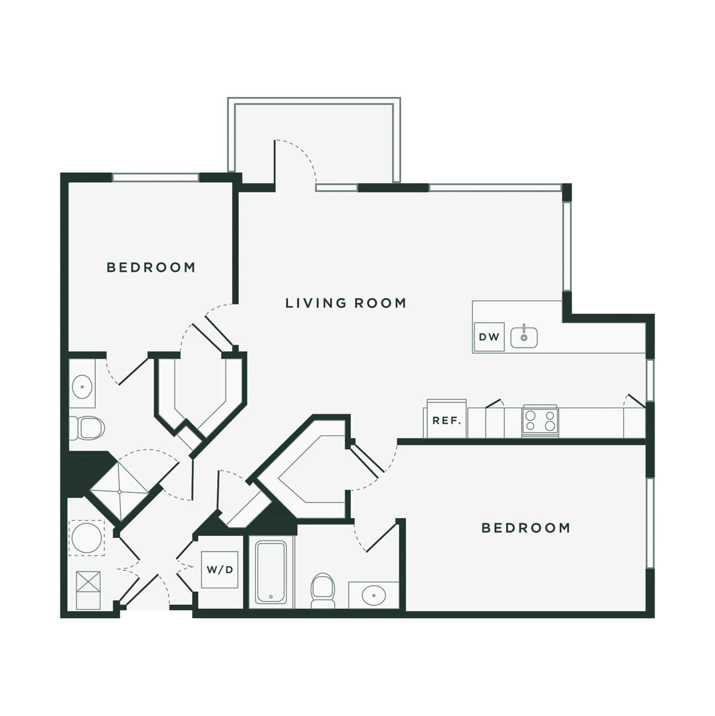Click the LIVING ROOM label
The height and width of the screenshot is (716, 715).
pos(345,303)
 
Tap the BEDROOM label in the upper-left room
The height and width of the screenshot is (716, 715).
pos(151,267)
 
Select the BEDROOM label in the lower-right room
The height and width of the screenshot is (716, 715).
pos(526,528)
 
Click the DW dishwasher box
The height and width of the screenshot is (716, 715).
pos(489,337)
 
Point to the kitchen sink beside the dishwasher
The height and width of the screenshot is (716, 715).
pos(524,337)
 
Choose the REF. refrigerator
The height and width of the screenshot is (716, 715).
pos(446,420)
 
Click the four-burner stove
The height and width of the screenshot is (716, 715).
pos(540,421)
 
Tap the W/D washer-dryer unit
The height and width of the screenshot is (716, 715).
pos(220,569)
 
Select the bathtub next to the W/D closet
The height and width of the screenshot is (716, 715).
pos(270,572)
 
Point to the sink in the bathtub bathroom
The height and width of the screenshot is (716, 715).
pos(373,595)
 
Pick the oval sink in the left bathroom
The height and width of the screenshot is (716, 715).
pos(82,386)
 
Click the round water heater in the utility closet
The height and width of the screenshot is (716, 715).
pos(86,537)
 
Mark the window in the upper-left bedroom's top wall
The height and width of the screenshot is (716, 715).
pos(155,178)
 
